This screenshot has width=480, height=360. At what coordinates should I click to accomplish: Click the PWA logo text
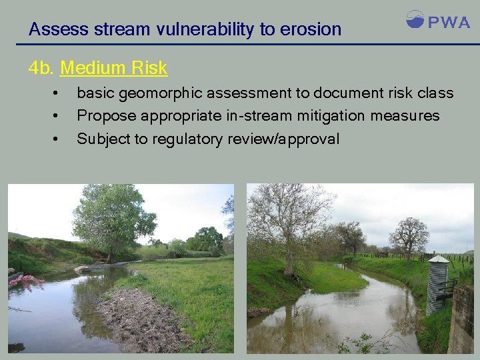tap(448, 23)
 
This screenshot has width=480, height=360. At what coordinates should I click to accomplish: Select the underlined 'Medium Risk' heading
tap(113, 68)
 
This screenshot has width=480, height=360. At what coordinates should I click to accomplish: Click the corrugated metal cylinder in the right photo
tap(437, 283)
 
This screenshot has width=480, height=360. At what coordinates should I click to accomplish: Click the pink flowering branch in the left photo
tap(23, 280)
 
